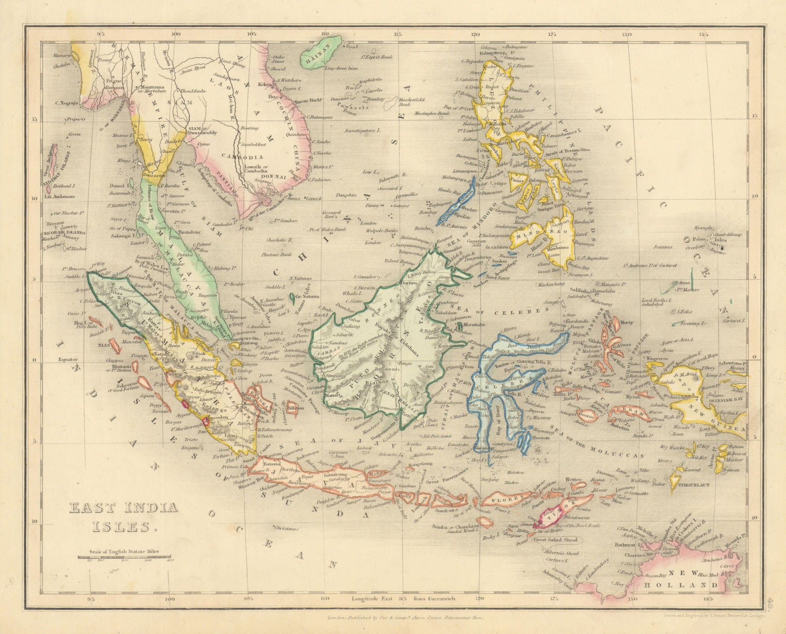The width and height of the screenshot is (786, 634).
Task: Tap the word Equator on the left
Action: coord(69,358)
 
